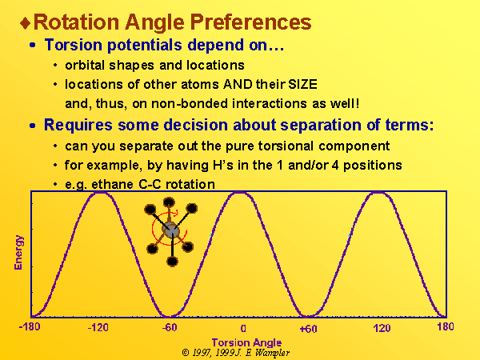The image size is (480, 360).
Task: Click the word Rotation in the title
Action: [76, 22]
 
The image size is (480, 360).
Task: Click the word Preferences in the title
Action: [250, 22]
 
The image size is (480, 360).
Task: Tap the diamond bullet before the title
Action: [26, 23]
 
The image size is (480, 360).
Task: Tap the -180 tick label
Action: [30, 327]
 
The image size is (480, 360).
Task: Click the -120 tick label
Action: [98, 328]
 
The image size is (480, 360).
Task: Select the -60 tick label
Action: [170, 327]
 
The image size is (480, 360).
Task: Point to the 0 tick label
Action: [243, 329]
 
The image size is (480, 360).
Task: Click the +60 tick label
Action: [308, 329]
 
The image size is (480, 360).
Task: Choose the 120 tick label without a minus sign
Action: [382, 328]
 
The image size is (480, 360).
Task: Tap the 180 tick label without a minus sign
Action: [446, 326]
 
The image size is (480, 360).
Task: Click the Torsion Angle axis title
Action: [246, 342]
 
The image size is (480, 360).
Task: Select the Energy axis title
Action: [18, 252]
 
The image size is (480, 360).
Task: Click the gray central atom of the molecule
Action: [171, 230]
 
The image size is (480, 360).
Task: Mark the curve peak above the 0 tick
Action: [240, 193]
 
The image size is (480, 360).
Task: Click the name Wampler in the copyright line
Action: [272, 353]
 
